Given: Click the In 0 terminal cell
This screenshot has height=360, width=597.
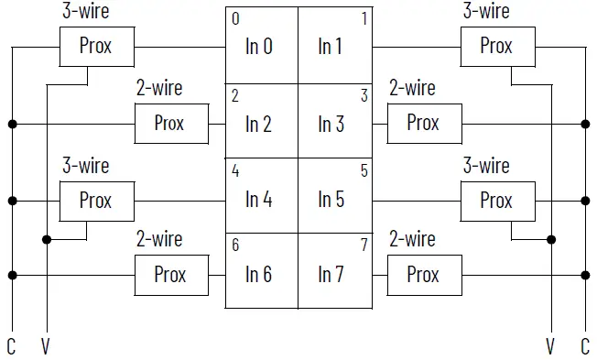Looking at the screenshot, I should [x=262, y=46].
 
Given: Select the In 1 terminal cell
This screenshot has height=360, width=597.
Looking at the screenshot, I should [x=333, y=46].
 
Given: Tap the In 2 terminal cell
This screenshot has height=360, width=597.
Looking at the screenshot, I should [x=262, y=123].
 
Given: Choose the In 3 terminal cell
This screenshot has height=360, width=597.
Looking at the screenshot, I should [x=333, y=123].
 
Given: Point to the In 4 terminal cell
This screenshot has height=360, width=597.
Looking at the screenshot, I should [x=262, y=198].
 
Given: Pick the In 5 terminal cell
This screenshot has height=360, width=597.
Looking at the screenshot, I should [x=333, y=198].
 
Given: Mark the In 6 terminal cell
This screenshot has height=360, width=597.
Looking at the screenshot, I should [x=262, y=273].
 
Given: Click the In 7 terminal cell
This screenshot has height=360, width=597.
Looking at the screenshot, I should [x=333, y=273].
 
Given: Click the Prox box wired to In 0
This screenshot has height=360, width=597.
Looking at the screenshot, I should [x=96, y=46].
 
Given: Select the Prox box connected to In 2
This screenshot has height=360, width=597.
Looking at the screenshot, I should [x=170, y=123].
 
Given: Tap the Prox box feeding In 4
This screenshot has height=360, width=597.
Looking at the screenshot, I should [x=96, y=200].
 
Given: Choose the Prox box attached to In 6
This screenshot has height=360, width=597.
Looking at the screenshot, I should [x=170, y=274].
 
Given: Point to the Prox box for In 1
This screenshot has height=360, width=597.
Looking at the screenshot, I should [x=496, y=46].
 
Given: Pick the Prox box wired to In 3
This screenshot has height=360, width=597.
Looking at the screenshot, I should [x=423, y=123].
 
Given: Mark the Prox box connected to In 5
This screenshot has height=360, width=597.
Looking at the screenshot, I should [x=496, y=200].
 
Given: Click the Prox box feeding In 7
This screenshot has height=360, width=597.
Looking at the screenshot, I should [x=423, y=274].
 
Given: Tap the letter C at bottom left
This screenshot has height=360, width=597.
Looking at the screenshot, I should [x=12, y=346].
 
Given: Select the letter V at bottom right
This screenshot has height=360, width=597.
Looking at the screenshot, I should [x=550, y=346].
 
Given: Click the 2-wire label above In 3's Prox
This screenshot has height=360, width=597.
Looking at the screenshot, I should [x=413, y=89].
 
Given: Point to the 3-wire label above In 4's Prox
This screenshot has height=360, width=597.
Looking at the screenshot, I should [x=85, y=166].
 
